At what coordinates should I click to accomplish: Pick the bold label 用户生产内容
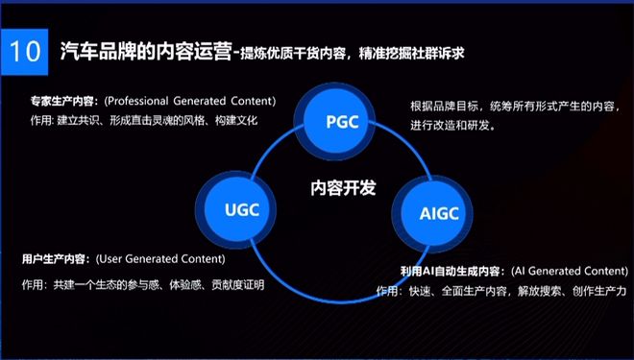pyautogui.click(x=56, y=259)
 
